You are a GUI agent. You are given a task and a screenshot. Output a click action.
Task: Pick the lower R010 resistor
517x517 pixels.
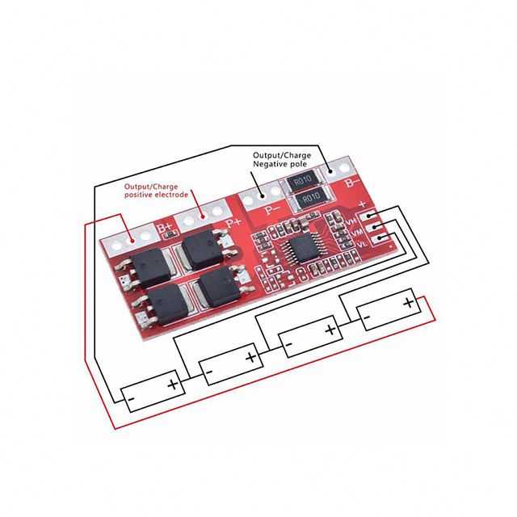tap(309, 199)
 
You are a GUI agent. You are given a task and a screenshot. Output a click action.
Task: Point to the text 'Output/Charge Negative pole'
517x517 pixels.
tap(280, 159)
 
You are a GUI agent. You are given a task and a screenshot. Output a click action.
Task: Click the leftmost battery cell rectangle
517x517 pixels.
tap(150, 391)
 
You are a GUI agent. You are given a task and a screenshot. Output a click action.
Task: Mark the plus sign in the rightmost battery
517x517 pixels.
tap(408, 304)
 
